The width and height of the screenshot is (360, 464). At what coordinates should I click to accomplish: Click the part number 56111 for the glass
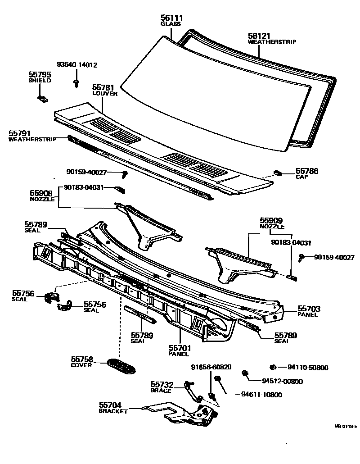click(171, 18)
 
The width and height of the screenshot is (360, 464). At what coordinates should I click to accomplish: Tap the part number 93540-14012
click(77, 64)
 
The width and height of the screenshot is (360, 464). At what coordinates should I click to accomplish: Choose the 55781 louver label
click(104, 88)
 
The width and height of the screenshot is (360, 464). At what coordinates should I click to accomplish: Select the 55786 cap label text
click(306, 172)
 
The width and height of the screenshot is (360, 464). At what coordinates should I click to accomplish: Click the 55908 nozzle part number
click(42, 193)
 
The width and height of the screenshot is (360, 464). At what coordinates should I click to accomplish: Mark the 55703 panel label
click(309, 309)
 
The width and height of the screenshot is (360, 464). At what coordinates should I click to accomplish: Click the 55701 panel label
click(180, 348)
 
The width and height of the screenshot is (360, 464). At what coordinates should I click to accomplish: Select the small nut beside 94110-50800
click(273, 367)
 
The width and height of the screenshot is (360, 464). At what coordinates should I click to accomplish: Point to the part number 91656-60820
click(211, 367)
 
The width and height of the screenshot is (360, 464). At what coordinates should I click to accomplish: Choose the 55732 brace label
click(162, 384)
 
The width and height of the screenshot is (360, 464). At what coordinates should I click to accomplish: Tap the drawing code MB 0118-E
click(345, 426)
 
